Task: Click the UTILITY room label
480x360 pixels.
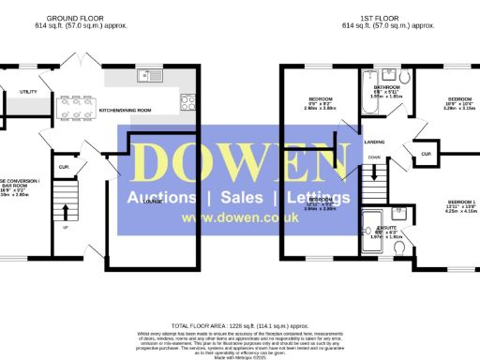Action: (27, 92)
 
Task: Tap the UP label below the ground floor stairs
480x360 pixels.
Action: (65, 227)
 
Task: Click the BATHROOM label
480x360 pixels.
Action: (385, 86)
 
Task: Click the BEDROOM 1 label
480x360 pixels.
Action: (462, 203)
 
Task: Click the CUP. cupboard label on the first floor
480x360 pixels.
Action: (427, 153)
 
